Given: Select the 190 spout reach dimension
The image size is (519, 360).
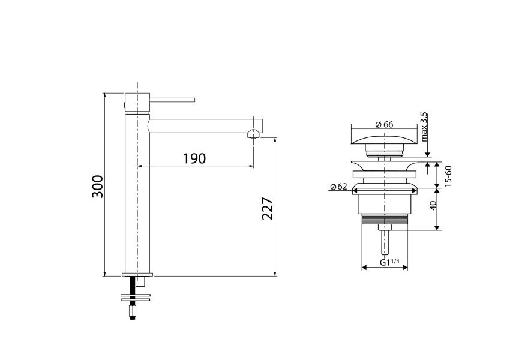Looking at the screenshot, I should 194,158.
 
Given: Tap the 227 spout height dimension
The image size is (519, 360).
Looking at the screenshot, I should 268,208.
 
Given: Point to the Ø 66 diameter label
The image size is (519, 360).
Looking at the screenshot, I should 383,124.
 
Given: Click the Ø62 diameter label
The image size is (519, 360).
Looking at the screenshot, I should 338,187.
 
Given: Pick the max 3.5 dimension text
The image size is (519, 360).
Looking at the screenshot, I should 425,126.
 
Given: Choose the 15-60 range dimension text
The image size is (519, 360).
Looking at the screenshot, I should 448,175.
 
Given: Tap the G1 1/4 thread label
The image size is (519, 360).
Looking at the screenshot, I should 390,263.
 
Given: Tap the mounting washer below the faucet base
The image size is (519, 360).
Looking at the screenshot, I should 137,296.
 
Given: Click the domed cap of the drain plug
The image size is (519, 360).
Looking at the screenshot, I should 383,141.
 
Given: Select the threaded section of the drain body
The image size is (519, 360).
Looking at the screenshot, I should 383,219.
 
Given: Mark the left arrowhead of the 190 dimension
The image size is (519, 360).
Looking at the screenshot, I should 140,166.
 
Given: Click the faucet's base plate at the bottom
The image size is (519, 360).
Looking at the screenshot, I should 137,274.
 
